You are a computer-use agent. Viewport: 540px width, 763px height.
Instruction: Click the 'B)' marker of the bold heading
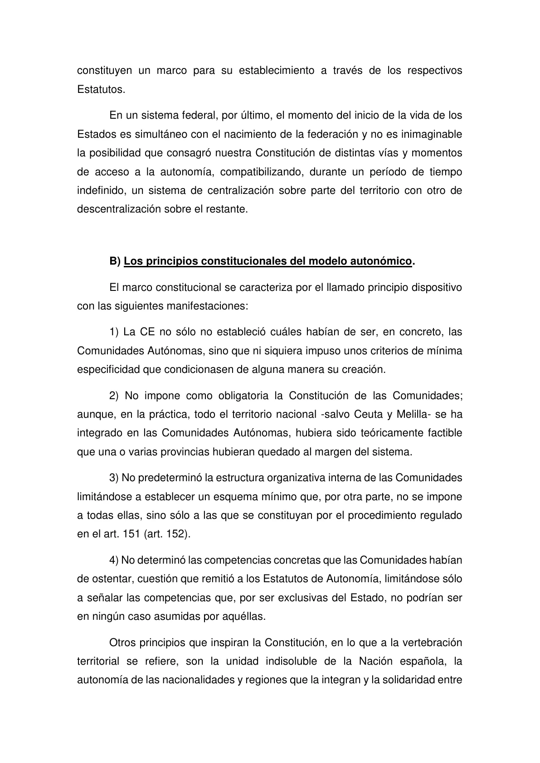pos(115,261)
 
